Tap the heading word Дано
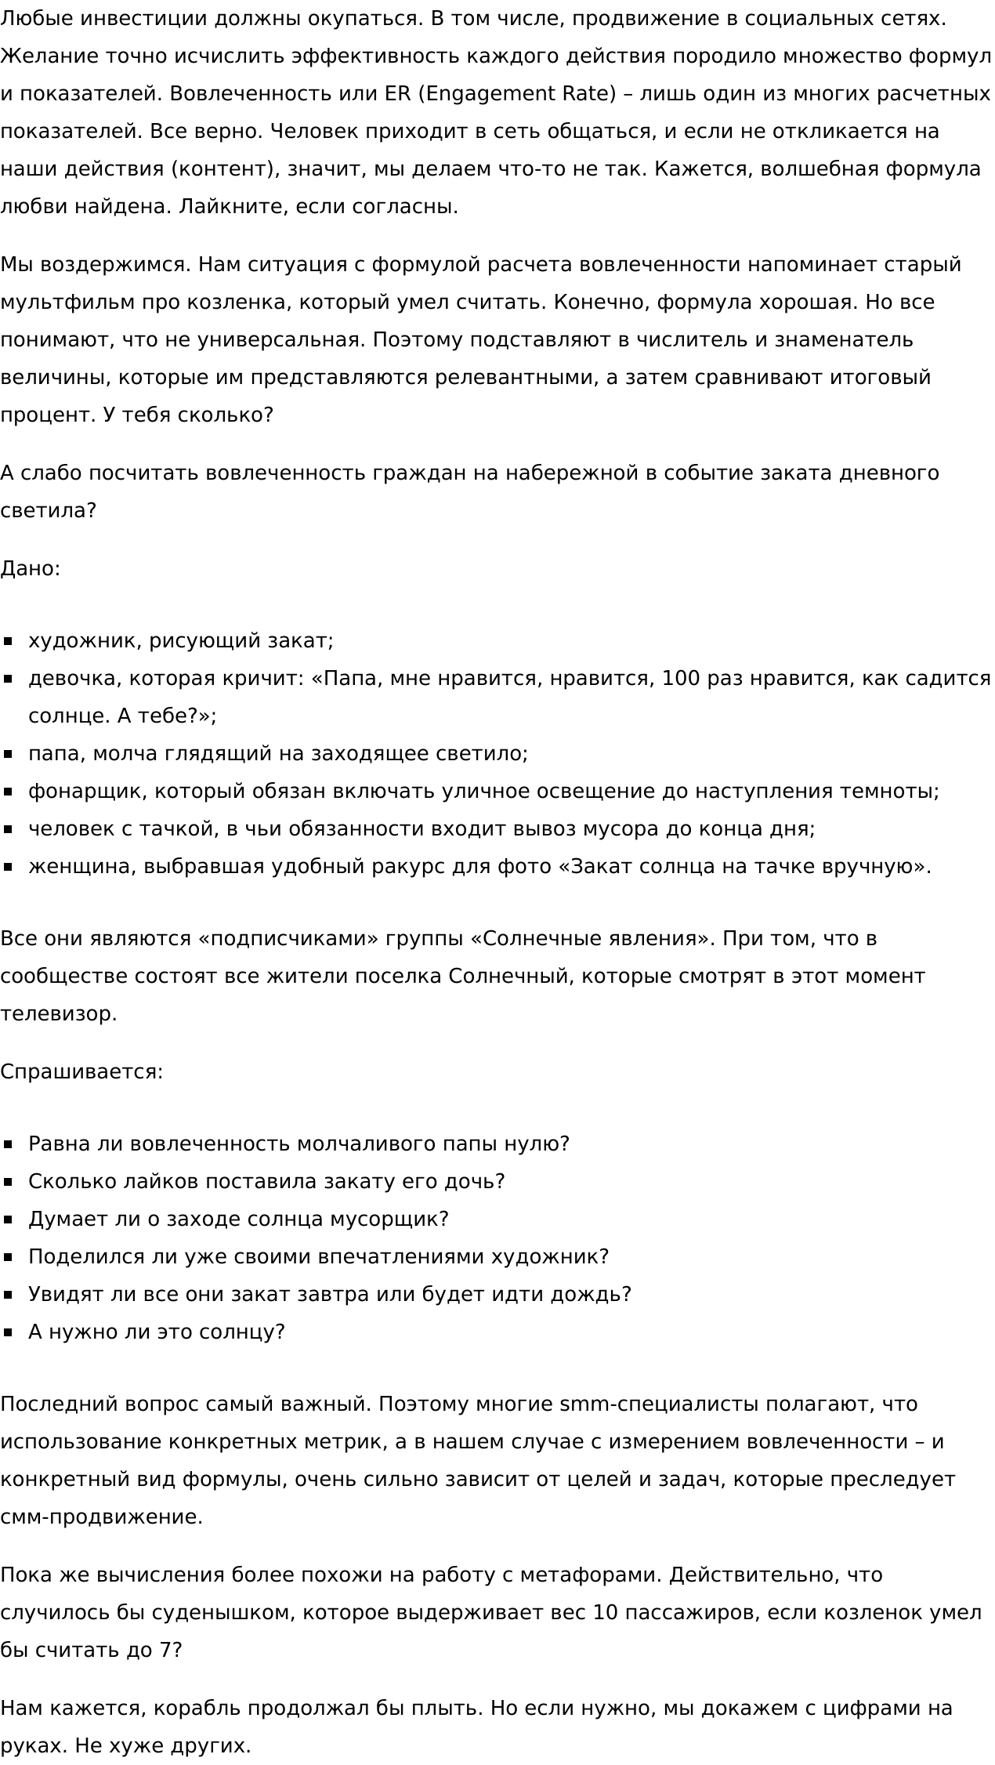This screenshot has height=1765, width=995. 28,568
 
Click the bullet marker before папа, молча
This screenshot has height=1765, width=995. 9,754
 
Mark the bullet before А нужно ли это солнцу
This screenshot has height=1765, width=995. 9,1332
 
